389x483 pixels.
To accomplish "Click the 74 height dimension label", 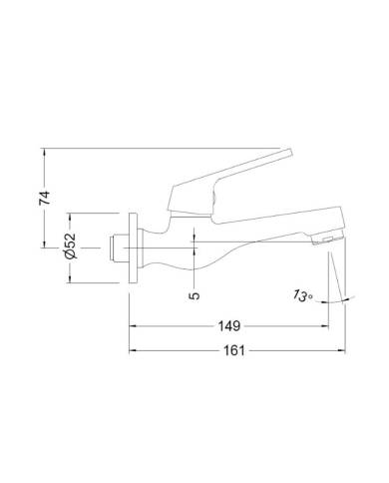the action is [x=45, y=198].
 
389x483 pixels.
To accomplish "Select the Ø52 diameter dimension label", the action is [x=70, y=246].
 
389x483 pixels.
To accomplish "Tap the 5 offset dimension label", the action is [x=195, y=295].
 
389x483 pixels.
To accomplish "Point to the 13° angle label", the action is [x=304, y=295].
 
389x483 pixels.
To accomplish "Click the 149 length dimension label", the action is [x=229, y=326].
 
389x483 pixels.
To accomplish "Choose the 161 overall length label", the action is [x=234, y=350].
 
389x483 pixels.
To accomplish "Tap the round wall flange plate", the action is [x=133, y=247].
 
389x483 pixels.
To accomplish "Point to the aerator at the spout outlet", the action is [x=327, y=239].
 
